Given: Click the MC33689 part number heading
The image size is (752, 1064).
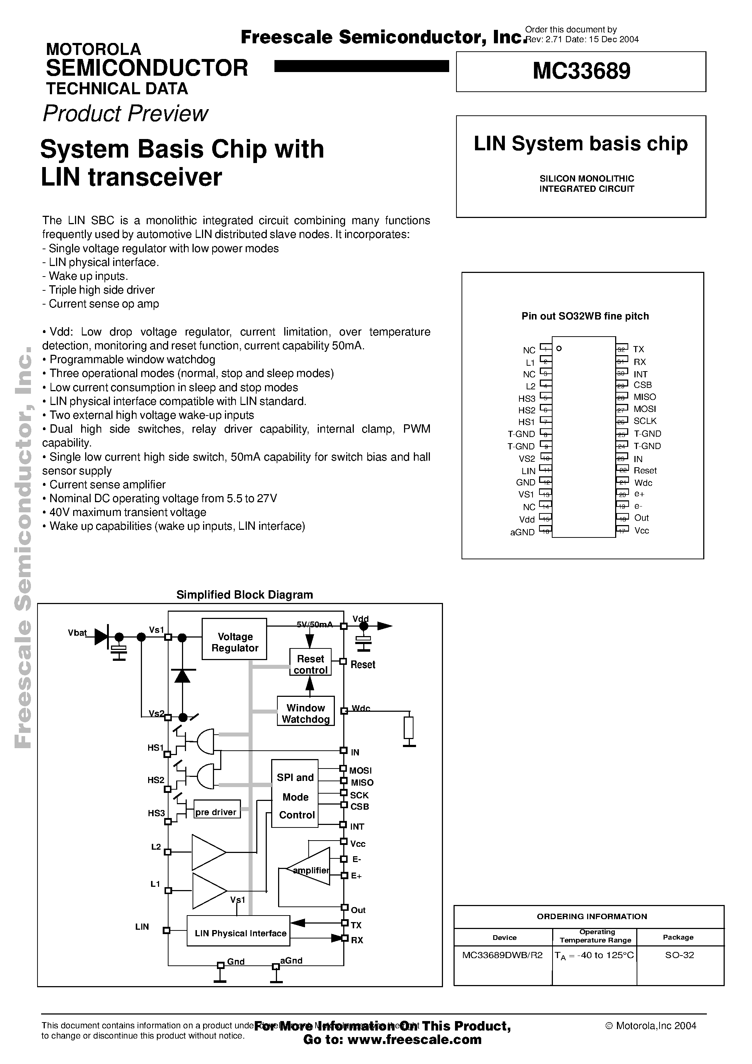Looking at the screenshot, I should [581, 71].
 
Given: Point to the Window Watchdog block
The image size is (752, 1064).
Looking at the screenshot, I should [305, 713].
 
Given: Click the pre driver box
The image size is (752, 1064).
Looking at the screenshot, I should [217, 811].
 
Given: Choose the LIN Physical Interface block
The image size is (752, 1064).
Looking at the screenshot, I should [239, 933].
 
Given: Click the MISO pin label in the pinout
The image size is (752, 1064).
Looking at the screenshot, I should [644, 397].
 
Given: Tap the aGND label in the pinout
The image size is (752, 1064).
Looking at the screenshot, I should [523, 532].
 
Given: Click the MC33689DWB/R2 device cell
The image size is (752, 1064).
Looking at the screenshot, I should [502, 955].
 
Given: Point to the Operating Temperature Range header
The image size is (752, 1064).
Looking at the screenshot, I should [596, 936].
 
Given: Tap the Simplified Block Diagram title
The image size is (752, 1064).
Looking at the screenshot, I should [244, 595].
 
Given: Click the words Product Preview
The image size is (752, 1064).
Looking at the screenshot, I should [125, 114].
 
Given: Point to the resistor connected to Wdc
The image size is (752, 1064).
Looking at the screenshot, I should [408, 727].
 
